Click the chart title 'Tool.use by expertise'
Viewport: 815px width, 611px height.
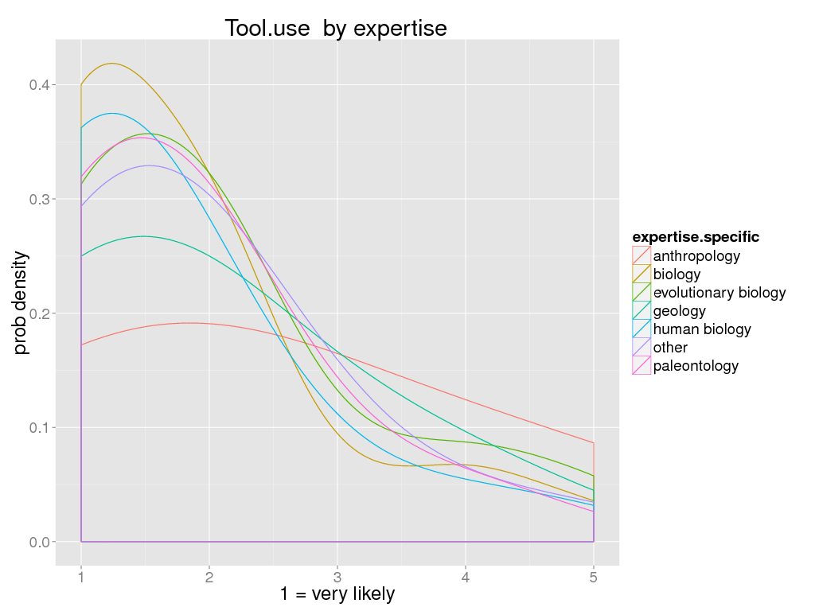[x=336, y=28]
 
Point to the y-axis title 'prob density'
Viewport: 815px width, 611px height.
[x=21, y=303]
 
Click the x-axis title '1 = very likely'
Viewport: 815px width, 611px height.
[x=337, y=593]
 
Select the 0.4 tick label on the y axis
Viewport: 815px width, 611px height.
[x=39, y=85]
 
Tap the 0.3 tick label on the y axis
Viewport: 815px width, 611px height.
[x=39, y=199]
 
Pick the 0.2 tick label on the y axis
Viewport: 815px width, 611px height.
[x=39, y=313]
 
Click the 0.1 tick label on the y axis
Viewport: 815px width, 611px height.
[x=39, y=428]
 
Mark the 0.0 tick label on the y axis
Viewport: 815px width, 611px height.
[x=39, y=542]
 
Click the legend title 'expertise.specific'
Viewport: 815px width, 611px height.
[x=696, y=237]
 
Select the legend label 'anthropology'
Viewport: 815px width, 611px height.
[x=696, y=256]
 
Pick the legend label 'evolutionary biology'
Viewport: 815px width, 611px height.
[x=719, y=293]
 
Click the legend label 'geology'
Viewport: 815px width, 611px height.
[x=679, y=311]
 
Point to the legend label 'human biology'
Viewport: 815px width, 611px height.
[x=702, y=329]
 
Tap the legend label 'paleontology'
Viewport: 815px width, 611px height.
[x=696, y=366]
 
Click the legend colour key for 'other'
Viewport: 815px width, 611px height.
[x=641, y=348]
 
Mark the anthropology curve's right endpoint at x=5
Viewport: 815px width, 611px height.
[x=594, y=442]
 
